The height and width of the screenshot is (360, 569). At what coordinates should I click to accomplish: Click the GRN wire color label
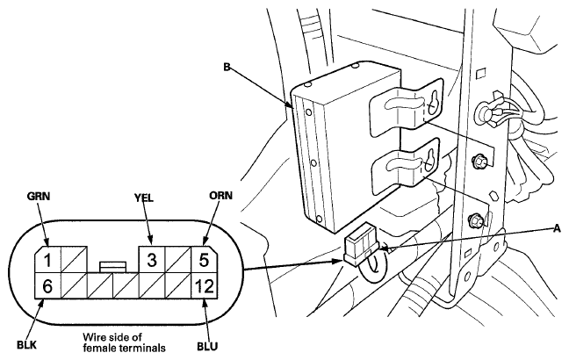point(38,196)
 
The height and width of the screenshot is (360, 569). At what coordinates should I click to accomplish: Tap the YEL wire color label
point(144,198)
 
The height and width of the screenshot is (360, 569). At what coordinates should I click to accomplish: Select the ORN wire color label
point(220,196)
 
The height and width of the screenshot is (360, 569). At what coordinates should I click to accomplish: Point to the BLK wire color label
point(26,344)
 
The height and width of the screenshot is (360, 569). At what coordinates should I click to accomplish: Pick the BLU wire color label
point(207,346)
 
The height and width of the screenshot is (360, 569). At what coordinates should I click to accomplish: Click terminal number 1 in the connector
point(47,260)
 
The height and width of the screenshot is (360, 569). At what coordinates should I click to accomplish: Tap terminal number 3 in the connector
point(152,260)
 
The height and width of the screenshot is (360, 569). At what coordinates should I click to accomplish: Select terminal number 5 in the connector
point(204,260)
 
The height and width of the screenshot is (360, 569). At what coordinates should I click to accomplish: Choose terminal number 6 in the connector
point(47,286)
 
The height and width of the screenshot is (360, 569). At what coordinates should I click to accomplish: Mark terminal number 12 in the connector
point(204,286)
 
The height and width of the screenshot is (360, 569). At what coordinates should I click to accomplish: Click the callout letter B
point(227,67)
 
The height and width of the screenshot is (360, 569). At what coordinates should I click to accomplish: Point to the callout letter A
point(557,228)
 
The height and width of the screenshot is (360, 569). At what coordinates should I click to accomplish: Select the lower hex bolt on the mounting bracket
point(475,220)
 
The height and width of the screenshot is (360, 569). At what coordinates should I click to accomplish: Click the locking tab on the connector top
point(113,266)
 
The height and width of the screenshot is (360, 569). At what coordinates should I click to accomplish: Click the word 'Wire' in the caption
point(93,337)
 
